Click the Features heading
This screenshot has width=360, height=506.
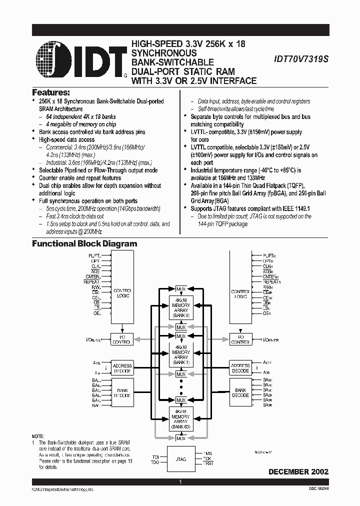(51, 92)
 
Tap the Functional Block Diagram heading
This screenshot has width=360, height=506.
(84, 244)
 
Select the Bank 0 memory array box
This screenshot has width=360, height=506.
(180, 308)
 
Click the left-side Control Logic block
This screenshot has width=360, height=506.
(122, 292)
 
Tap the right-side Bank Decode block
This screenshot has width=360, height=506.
(240, 392)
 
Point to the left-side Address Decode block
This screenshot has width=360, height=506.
(122, 368)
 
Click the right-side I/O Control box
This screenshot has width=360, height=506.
(240, 339)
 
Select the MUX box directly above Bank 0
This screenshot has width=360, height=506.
(180, 288)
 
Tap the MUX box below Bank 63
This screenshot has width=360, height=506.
(180, 438)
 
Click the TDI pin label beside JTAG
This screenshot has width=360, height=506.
(155, 456)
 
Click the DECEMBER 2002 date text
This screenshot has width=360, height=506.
(298, 471)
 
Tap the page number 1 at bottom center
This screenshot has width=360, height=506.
(180, 482)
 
